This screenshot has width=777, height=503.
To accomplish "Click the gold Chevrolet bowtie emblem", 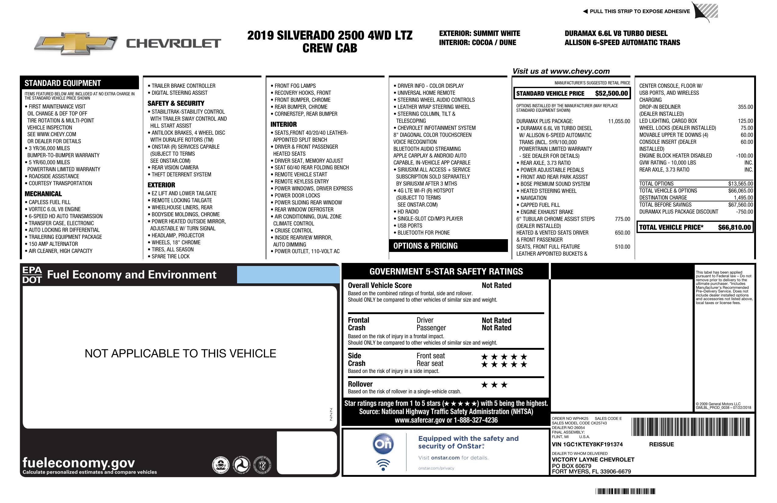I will tap(76, 43).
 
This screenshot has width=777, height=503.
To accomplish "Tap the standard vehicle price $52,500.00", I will tap(611, 93).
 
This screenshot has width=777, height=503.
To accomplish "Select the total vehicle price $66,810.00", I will tap(734, 228).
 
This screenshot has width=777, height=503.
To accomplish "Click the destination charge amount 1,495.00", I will tap(743, 198).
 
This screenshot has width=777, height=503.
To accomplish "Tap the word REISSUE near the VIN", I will tap(661, 445).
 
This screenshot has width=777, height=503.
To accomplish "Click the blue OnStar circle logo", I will tap(383, 444).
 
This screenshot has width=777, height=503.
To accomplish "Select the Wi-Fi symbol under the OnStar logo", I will tap(383, 465).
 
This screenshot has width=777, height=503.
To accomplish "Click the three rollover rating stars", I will tap(494, 385).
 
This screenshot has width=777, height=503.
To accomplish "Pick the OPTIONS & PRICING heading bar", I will tap(448, 246).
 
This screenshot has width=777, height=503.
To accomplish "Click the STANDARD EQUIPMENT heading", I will tap(63, 83).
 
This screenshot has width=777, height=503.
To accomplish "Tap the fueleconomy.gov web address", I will tap(79, 463).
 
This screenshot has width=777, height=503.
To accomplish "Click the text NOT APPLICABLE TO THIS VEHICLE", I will tap(180, 353).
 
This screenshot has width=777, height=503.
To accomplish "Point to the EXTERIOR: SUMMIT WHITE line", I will tap(479, 33).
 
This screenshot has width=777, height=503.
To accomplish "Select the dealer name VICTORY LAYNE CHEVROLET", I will tap(593, 460).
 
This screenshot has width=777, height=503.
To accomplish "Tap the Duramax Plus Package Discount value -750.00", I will tap(744, 212).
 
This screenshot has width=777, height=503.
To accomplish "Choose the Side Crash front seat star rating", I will tap(504, 357).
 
